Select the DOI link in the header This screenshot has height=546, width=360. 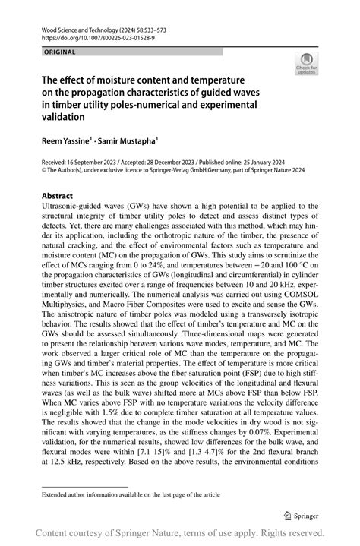point(88,36)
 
